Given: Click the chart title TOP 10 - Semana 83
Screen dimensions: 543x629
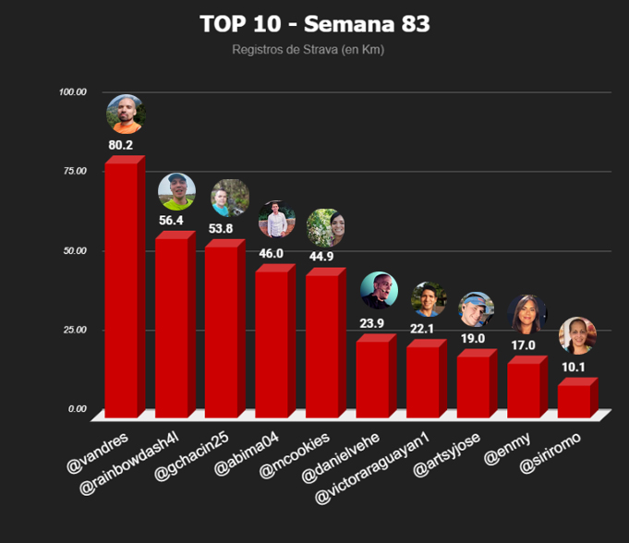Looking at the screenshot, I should coord(314,23).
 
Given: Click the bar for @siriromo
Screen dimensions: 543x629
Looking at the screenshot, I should coord(574,399).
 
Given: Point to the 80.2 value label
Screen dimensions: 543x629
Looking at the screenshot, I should coord(121,145).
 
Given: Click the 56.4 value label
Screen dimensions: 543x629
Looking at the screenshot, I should coord(172,220).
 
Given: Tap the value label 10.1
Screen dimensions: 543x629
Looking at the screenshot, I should coord(575,366).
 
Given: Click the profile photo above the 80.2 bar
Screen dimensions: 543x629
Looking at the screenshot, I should coord(125,114).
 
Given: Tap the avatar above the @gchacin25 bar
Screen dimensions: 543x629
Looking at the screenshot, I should coord(229,198).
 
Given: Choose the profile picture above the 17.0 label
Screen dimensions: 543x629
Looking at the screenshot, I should coord(526,314).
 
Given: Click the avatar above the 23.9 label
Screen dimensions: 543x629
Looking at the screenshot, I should coord(378,290).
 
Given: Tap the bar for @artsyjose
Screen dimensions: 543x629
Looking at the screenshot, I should coord(473,382).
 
